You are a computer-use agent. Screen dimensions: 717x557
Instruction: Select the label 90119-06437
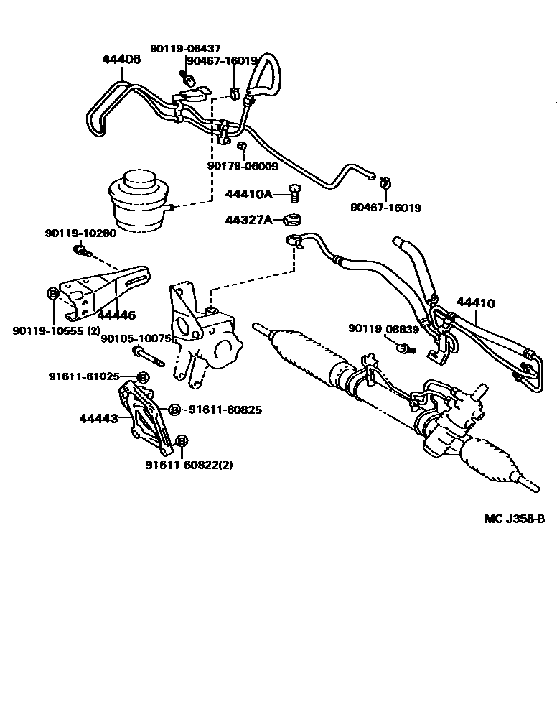pyautogui.click(x=185, y=48)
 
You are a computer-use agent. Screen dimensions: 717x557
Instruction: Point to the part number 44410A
pyautogui.click(x=248, y=193)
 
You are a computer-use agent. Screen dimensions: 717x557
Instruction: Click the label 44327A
pyautogui.click(x=248, y=219)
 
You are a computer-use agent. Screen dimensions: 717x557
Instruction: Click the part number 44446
pyautogui.click(x=117, y=314)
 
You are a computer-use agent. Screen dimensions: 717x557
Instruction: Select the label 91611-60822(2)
pyautogui.click(x=189, y=465)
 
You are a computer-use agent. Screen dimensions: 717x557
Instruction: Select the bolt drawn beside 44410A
pyautogui.click(x=294, y=192)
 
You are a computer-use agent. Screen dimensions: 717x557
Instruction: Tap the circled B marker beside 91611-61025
pyautogui.click(x=142, y=377)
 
